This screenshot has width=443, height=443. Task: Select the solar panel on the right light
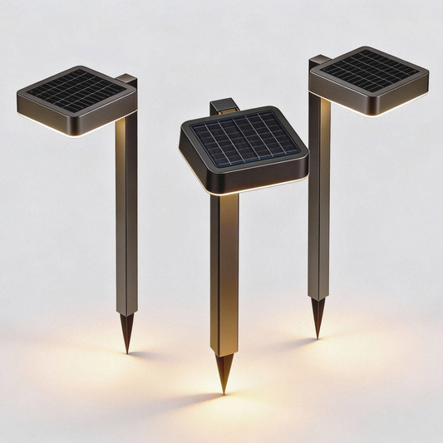[370, 71]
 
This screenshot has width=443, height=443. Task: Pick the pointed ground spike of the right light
[317, 317]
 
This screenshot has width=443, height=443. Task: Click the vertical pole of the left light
[126, 216]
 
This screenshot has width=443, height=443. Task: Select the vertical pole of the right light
[318, 199]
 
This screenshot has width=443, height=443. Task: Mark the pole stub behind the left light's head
[127, 80]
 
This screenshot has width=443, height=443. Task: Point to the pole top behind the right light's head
[320, 61]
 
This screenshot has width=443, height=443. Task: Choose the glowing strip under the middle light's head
[249, 190]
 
